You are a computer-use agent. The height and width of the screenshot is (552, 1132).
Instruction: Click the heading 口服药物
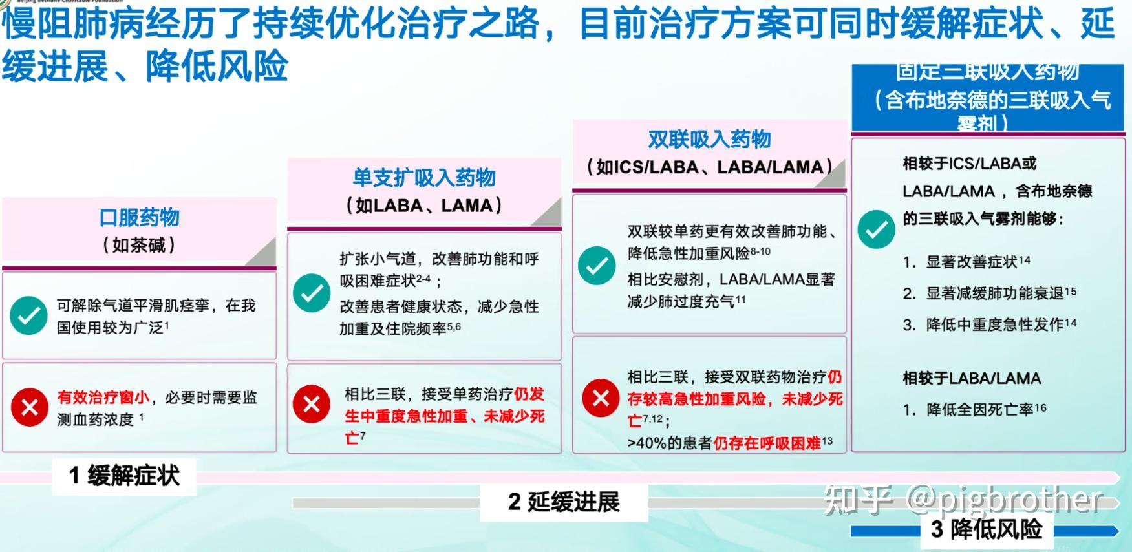[139, 217]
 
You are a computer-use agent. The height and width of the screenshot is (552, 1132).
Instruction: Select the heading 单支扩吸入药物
[424, 178]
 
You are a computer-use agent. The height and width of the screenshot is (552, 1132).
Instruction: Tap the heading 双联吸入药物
[709, 140]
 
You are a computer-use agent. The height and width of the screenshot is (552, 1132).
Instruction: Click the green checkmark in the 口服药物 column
[28, 315]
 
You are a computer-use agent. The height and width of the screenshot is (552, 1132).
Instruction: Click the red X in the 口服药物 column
[29, 407]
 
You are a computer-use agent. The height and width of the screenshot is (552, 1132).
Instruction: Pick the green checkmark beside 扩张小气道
[312, 293]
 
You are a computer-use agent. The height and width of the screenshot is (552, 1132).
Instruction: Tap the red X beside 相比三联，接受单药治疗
[312, 404]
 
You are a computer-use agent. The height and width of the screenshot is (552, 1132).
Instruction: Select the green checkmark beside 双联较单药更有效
[597, 265]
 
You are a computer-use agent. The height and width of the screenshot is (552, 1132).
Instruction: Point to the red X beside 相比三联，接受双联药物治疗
[601, 398]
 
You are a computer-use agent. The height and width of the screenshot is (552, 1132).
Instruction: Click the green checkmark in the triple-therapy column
[876, 229]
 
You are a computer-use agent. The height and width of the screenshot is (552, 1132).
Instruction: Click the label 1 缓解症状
[124, 476]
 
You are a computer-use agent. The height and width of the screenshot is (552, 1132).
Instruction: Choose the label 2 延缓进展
[564, 502]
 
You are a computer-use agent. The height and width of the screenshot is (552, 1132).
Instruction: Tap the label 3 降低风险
[987, 529]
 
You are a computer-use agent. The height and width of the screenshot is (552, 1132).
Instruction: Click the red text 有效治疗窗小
[103, 397]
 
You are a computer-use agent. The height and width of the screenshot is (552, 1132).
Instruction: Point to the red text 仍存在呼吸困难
[767, 443]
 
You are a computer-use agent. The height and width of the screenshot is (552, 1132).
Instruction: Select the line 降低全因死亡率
[979, 409]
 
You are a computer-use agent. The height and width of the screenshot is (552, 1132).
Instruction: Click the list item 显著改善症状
[972, 262]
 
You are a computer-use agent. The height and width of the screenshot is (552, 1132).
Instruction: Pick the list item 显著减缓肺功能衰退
[994, 293]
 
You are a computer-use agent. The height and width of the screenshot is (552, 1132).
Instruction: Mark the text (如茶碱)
[139, 246]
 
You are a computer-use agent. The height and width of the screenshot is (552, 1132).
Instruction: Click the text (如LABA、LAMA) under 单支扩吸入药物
[424, 206]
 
